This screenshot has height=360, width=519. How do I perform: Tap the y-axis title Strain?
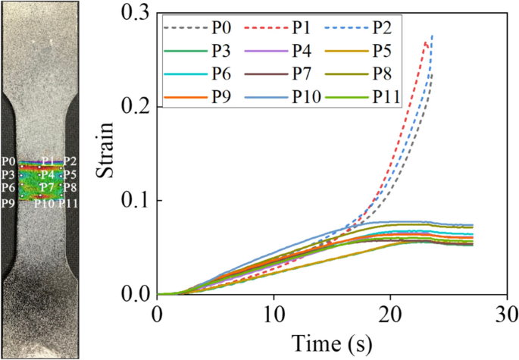106,153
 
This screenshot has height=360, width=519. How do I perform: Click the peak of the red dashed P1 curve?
427,43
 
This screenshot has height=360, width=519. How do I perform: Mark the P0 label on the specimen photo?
8,161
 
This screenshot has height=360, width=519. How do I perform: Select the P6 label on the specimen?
8,188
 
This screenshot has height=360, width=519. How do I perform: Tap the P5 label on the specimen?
69,175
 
